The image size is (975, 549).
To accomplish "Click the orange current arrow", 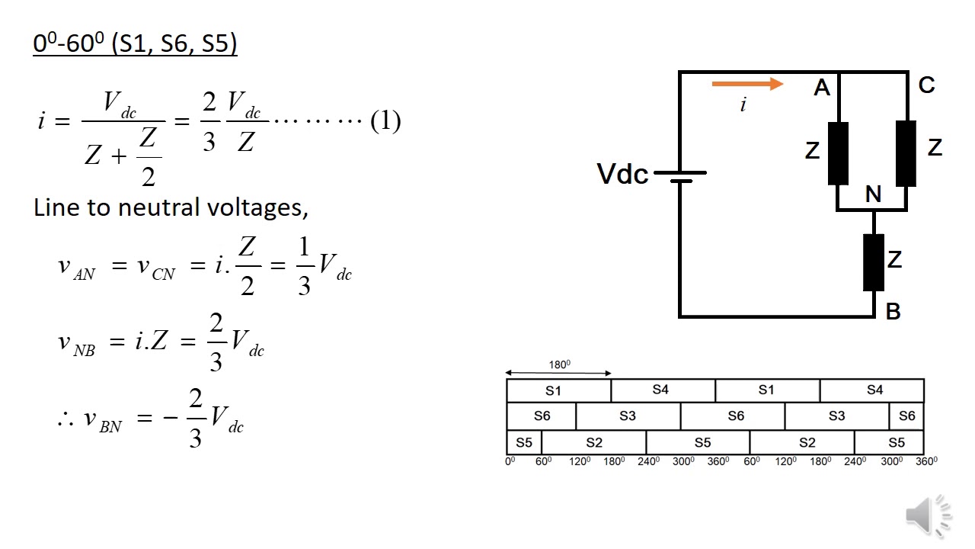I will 746,84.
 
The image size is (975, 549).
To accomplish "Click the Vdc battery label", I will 622,175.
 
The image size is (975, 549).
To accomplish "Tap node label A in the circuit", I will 821,88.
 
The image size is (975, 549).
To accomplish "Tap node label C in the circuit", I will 926,85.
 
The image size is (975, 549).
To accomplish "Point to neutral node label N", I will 873,195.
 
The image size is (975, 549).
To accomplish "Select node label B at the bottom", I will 893,311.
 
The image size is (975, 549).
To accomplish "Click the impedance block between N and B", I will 874,262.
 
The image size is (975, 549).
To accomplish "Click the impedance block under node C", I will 906,152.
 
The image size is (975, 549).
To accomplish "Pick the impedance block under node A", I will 838,152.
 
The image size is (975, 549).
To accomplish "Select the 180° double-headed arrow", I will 558,373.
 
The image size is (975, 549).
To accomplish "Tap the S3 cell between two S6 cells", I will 627,416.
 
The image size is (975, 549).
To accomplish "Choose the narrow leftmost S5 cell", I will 524,442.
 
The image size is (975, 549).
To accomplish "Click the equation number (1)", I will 385,121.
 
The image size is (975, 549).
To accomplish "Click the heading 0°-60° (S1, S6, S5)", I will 135,43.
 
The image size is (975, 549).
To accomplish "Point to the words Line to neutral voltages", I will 171,207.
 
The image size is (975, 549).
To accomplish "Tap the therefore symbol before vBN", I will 65,419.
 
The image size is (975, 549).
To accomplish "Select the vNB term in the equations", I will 76,342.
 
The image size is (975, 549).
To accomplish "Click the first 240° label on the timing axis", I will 648,461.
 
